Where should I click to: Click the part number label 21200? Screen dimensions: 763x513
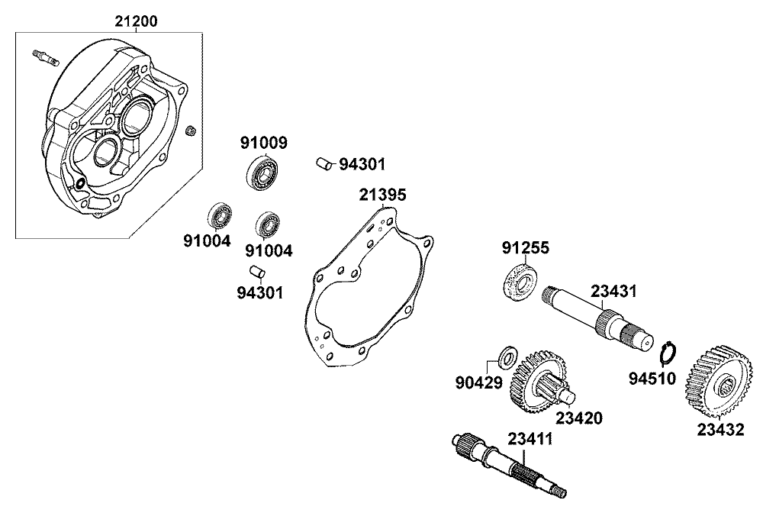coord(137,21)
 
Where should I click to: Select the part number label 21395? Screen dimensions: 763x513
coord(382,195)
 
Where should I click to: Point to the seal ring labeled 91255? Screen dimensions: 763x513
coord(519,282)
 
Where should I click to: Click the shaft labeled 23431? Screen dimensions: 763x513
coord(597,316)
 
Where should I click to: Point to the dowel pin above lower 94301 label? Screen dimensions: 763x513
coord(257,271)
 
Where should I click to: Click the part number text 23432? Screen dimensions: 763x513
coord(721,431)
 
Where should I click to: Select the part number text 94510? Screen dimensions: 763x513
coord(652,378)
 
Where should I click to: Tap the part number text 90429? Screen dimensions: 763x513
coord(479,382)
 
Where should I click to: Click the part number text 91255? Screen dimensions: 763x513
coord(526,248)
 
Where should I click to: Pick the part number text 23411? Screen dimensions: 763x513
coord(530,439)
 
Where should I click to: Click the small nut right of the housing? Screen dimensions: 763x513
coord(192,130)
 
